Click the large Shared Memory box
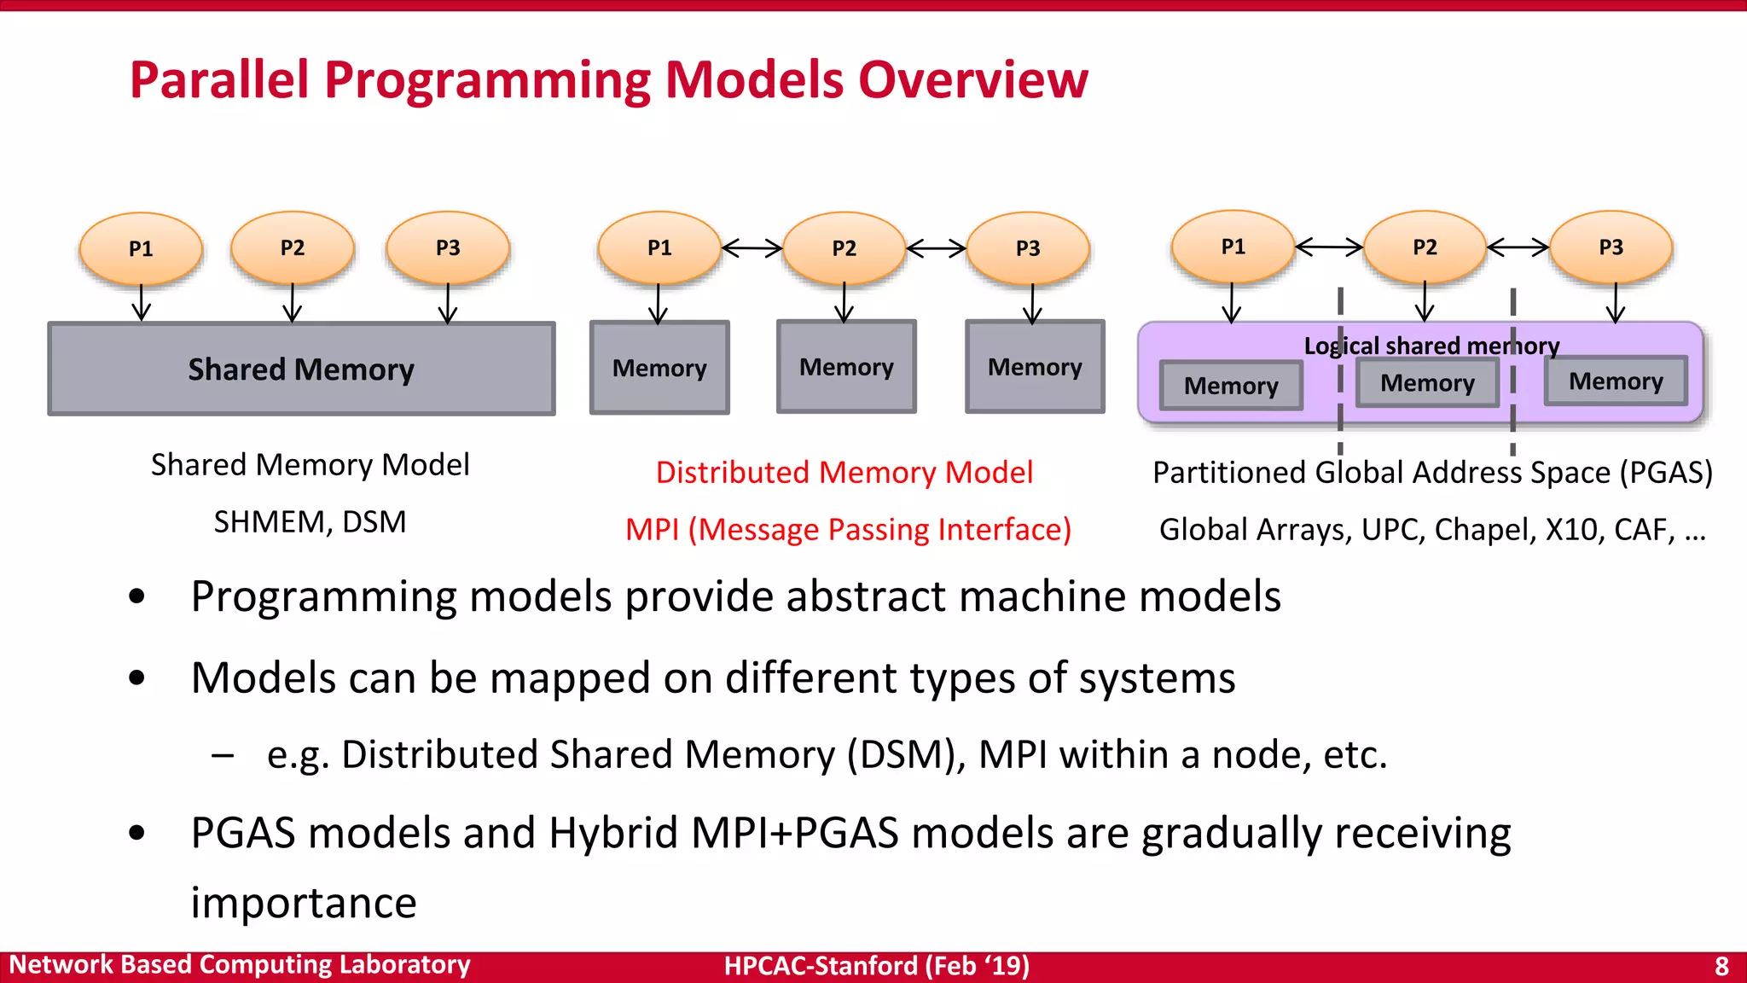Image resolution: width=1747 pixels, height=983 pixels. coord(301,369)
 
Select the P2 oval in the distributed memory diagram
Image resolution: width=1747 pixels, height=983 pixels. coord(844,248)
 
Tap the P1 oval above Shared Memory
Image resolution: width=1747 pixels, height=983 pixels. coord(141,248)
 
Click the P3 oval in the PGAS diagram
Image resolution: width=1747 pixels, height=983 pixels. coord(1611,247)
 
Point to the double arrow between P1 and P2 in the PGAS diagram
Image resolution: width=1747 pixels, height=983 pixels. coord(1329,247)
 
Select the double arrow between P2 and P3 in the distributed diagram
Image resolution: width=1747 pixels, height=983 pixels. coord(936,248)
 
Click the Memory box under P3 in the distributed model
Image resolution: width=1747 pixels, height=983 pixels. coord(1035,367)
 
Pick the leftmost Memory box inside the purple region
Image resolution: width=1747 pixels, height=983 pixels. coord(1231,386)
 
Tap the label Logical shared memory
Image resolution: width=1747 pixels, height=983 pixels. coord(1431,346)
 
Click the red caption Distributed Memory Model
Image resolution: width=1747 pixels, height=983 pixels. coord(844,472)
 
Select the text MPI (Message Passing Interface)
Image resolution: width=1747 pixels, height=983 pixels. coord(848,530)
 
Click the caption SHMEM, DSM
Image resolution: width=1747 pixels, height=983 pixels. coord(310,521)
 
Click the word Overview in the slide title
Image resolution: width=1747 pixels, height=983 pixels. coord(972,79)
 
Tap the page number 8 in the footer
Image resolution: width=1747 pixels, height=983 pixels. coord(1721,966)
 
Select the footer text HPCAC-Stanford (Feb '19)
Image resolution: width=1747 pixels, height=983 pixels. coord(876,966)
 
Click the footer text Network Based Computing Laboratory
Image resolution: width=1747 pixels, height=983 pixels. coord(240,965)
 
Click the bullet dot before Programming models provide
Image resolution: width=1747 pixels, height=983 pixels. coord(137,596)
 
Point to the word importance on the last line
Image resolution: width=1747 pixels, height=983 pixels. coord(304,903)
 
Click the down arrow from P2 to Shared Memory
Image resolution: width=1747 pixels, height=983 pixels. coord(293,304)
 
